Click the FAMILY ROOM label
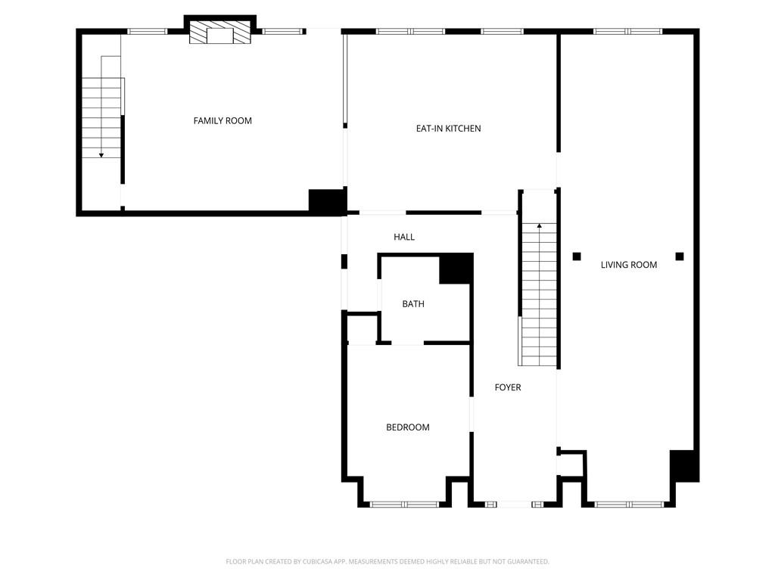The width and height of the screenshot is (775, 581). pos(223,120)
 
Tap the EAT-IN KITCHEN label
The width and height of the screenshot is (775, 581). pos(448,129)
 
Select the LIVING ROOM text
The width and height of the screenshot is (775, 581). pos(629,265)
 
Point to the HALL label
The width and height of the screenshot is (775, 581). pos(404,237)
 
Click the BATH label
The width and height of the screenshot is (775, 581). pos(413,304)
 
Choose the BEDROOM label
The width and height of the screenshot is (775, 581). pos(408,427)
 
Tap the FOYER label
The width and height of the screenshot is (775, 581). pos(508,387)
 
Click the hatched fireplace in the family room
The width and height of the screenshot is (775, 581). pos(220,32)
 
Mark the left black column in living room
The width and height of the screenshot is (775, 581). pos(577,256)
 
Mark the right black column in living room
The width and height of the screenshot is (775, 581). pos(680,256)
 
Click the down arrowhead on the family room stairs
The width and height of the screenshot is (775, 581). pos(101,156)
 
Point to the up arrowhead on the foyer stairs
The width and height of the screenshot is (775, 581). pos(539,225)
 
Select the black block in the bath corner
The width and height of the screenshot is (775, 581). pos(456,269)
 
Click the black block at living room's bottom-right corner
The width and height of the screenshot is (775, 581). pos(684,466)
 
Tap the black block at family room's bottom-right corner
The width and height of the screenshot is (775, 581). pos(327,201)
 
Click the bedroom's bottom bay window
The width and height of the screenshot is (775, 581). pos(405,505)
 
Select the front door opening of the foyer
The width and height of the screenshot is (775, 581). pos(514,505)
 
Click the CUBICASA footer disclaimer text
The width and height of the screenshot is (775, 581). pos(387,561)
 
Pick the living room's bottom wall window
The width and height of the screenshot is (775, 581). pos(629,505)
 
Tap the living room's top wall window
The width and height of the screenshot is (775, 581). pos(627,31)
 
